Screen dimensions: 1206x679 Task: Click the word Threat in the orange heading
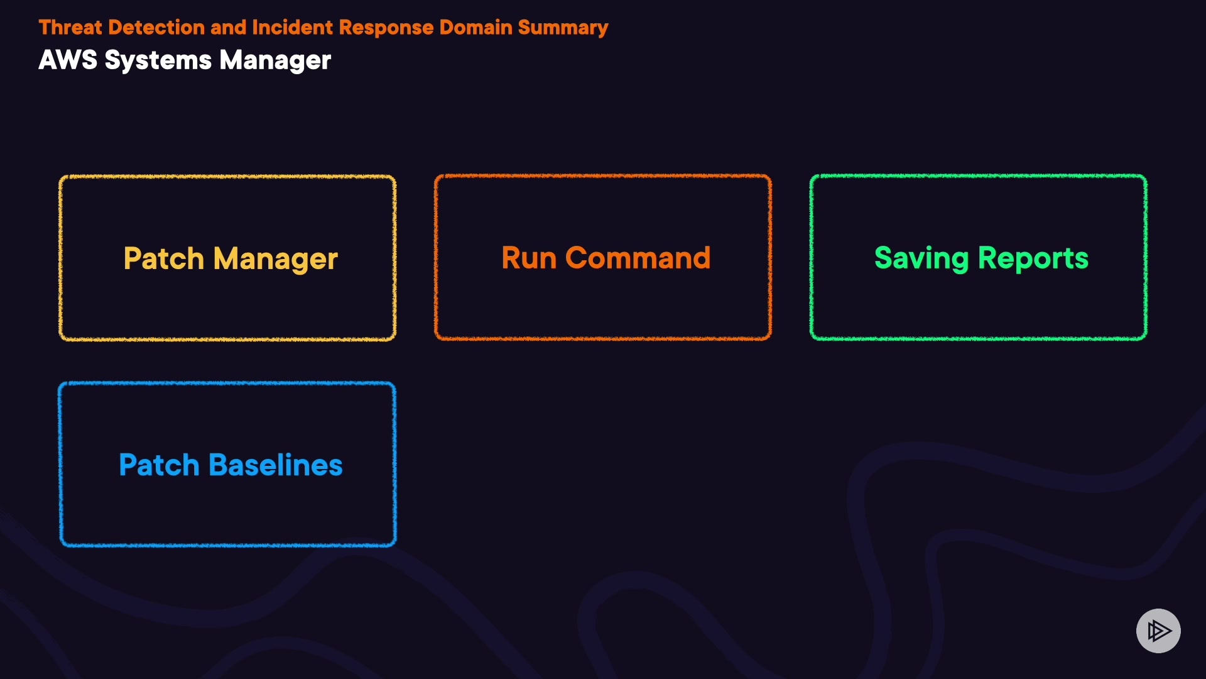point(70,28)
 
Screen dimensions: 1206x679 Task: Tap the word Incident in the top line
point(292,28)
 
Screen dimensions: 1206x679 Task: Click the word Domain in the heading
point(475,28)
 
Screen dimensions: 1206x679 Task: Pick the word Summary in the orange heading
point(563,28)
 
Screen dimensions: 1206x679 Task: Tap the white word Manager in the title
point(275,61)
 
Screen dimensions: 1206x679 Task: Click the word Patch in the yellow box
point(164,258)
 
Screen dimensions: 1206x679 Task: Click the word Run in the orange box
point(529,258)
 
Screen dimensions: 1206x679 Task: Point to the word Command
point(638,258)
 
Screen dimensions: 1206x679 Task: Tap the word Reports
point(1033,258)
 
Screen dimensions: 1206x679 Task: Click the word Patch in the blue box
point(159,465)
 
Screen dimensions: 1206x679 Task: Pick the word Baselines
point(275,465)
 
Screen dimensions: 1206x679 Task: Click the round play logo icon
point(1158,631)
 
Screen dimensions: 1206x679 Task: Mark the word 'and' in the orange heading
point(229,28)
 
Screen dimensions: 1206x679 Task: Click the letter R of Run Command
point(511,258)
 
